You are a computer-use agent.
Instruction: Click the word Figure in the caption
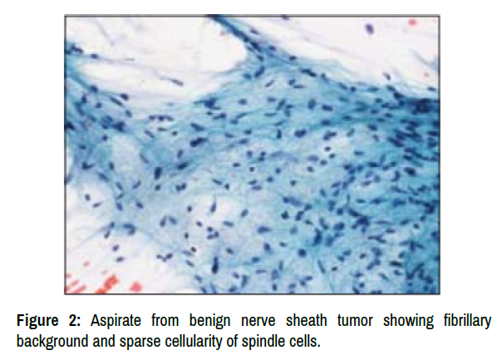point(37,321)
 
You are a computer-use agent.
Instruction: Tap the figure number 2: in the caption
point(74,320)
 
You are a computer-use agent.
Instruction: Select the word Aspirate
point(116,321)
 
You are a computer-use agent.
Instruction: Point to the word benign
point(209,321)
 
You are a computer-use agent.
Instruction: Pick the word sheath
point(307,320)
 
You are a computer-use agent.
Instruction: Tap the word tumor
point(355,321)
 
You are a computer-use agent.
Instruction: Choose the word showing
point(408,321)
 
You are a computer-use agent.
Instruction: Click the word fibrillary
point(467,321)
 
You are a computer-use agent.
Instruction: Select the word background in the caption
point(52,342)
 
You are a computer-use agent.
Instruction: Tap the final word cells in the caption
point(305,341)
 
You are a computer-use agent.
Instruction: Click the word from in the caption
point(165,321)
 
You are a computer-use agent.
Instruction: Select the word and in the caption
point(104,341)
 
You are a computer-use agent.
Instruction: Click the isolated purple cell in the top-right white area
point(370,29)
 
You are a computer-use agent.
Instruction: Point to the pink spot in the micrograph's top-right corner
point(412,22)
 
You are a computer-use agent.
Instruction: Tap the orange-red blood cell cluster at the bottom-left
point(102,284)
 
